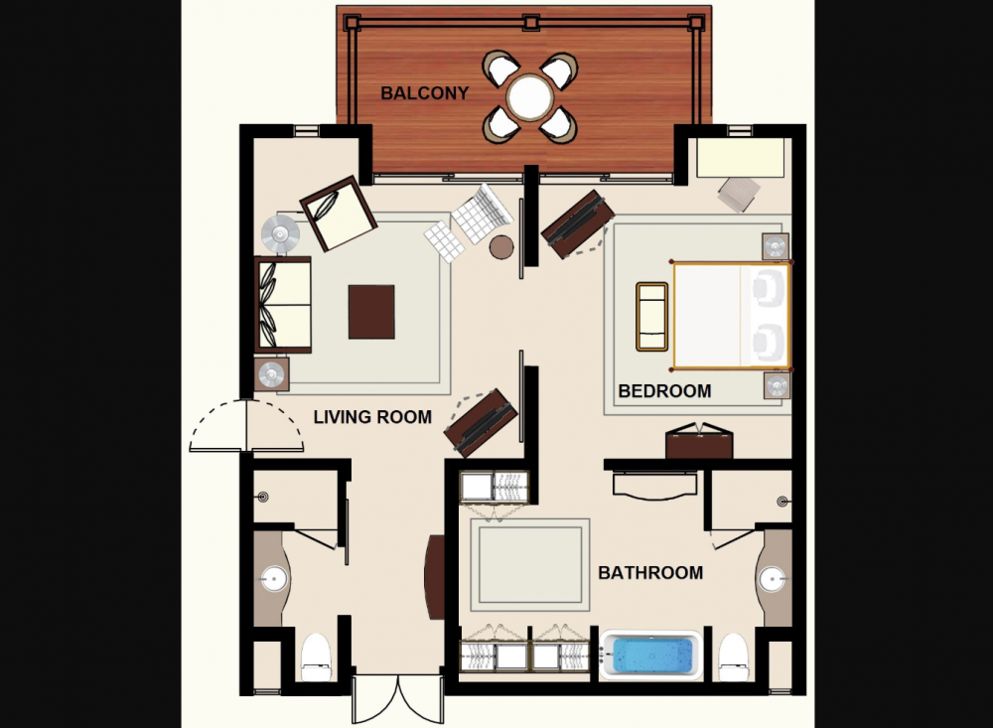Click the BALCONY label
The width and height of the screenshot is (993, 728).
click(424, 93)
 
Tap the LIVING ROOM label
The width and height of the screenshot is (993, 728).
click(372, 417)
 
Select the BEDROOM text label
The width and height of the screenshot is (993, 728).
click(664, 391)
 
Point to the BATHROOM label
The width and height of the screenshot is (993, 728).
click(650, 573)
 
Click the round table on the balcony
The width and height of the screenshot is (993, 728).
click(530, 97)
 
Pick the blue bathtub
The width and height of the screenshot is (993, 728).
click(651, 655)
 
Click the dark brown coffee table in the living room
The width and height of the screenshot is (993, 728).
click(371, 312)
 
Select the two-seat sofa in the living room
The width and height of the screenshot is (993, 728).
click(282, 305)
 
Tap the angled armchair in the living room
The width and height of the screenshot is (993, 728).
click(339, 214)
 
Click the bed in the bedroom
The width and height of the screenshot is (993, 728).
click(731, 315)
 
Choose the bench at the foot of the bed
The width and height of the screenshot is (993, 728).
click(651, 316)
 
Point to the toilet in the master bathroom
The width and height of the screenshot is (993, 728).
click(734, 657)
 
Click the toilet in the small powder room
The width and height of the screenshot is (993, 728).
click(316, 657)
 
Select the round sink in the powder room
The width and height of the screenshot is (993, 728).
click(274, 578)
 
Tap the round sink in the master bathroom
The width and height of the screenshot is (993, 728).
click(772, 579)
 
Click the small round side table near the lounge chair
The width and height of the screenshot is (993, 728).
click(501, 247)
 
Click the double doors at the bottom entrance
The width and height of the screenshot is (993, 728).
click(398, 699)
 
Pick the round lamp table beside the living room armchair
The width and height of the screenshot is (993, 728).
click(281, 234)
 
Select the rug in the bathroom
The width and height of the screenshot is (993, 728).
click(530, 565)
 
